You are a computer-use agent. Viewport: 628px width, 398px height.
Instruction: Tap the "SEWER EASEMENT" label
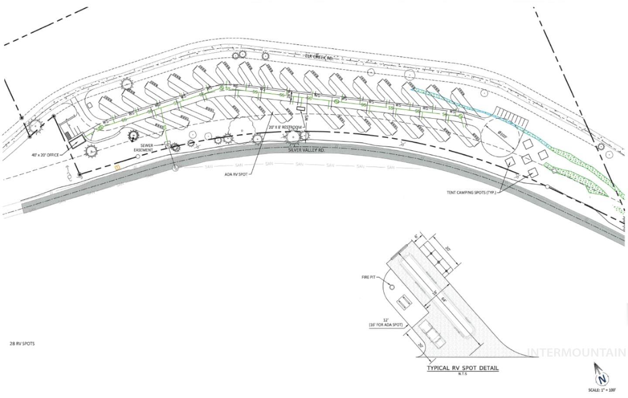(146, 148)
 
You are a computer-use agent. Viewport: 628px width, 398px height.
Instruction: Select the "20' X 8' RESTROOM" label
(285, 127)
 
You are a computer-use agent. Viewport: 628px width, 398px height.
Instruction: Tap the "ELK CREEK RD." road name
(318, 56)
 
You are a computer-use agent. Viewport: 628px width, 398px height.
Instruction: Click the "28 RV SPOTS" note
(22, 344)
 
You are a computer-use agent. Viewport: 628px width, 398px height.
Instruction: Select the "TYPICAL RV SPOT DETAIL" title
(463, 368)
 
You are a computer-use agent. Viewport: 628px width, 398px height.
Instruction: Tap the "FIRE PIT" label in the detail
(369, 277)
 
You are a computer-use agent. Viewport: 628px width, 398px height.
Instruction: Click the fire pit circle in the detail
(392, 287)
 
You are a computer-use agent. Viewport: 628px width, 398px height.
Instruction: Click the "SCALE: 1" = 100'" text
(602, 390)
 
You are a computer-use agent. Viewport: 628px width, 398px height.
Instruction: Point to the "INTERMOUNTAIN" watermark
(577, 353)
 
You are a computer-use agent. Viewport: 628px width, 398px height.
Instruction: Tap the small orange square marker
(116, 167)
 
